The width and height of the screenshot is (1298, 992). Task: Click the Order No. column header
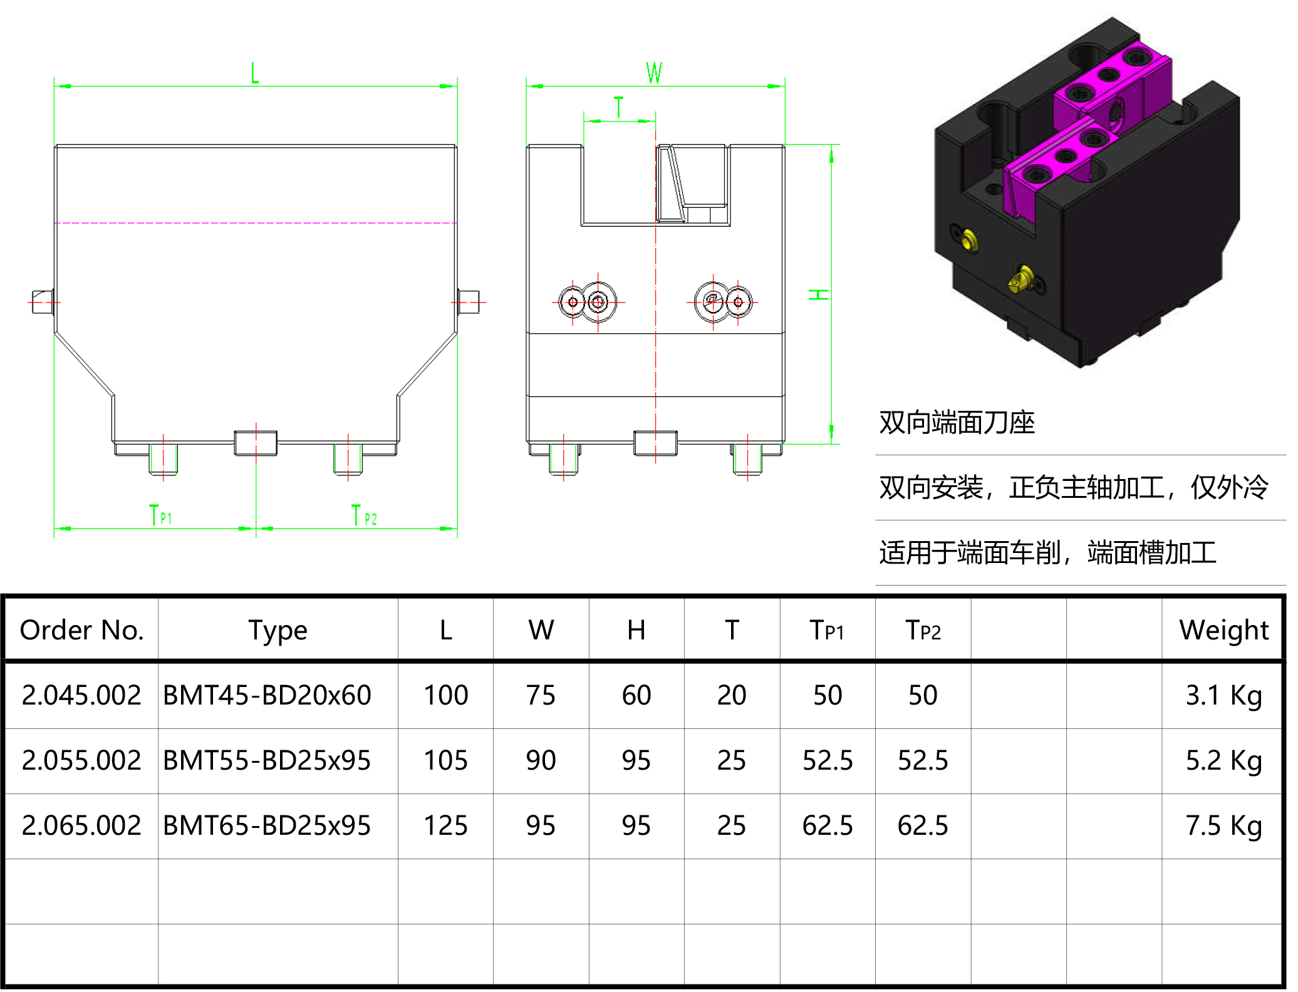[x=81, y=630]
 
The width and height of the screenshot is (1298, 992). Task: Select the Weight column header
[x=1223, y=630]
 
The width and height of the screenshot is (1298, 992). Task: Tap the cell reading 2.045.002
[x=81, y=696]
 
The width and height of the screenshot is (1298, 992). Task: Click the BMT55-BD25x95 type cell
[x=267, y=761]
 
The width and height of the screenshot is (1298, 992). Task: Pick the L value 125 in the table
[x=445, y=826]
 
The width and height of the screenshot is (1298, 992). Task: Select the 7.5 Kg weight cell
[x=1223, y=826]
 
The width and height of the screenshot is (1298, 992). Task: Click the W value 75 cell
[x=541, y=696]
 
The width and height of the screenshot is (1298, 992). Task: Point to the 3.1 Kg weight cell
[x=1223, y=696]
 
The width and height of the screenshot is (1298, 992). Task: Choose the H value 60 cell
[x=636, y=696]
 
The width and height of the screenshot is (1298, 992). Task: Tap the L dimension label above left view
[x=254, y=73]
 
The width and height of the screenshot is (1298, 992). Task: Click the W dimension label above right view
[x=654, y=73]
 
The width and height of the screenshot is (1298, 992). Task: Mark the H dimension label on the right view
[x=818, y=294]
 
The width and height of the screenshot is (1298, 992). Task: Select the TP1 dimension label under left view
[x=160, y=515]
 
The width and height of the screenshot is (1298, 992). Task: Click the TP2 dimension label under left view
[x=364, y=516]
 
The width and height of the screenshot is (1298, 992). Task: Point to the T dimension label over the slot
[x=619, y=107]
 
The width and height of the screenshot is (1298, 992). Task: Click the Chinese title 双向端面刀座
[x=957, y=423]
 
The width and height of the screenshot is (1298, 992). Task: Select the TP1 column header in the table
[x=827, y=630]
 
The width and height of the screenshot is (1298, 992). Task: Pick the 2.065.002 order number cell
[x=81, y=826]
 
